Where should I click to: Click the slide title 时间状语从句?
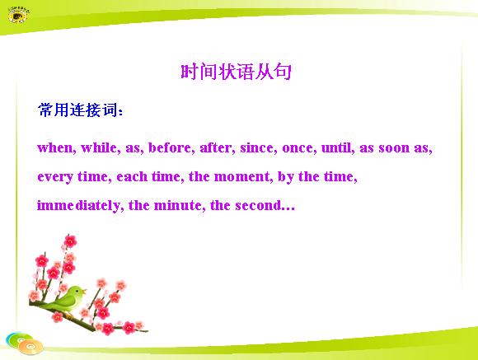click(236, 72)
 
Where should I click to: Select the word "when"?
click(55, 147)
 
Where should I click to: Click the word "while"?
click(99, 147)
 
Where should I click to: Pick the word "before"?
click(170, 147)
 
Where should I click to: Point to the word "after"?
click(216, 147)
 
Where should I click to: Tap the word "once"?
click(298, 148)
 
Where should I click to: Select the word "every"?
click(55, 177)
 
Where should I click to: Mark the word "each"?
click(132, 176)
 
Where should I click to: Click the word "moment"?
click(241, 177)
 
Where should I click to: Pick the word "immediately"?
click(78, 206)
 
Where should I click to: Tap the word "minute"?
click(177, 205)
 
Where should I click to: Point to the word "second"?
click(258, 205)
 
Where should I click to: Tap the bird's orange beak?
click(84, 291)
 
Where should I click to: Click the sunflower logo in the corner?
click(18, 15)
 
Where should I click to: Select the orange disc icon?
click(30, 347)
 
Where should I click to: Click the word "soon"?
click(394, 148)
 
